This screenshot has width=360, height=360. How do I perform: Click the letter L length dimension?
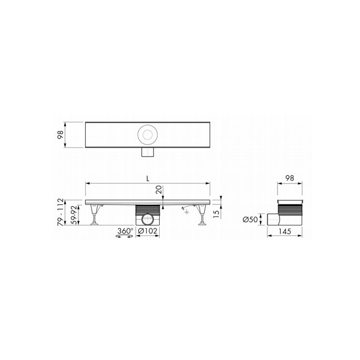click(x=149, y=179)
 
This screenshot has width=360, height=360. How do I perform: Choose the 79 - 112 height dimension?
click(x=61, y=212)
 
